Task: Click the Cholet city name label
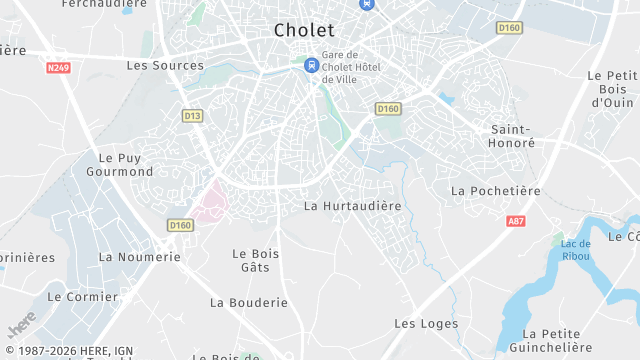(304, 31)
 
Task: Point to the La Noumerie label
(139, 257)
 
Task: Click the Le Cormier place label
(83, 297)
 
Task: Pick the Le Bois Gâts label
(255, 260)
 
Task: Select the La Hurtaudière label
(352, 206)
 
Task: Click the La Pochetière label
(495, 191)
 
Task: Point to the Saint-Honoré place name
(513, 136)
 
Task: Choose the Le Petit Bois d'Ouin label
(612, 89)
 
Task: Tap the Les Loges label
(426, 324)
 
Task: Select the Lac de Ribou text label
(575, 250)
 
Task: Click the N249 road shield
(59, 68)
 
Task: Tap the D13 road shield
(193, 116)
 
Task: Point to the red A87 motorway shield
(516, 221)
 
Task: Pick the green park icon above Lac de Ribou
(557, 240)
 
